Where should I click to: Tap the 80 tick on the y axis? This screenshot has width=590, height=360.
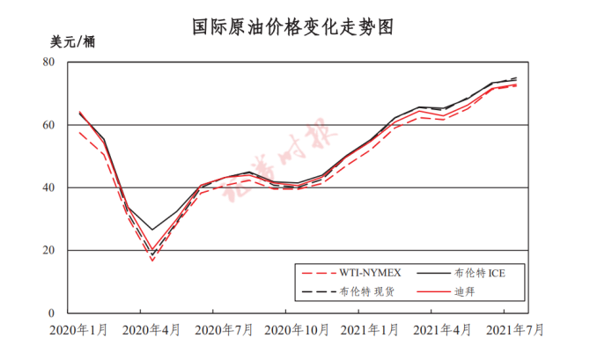tap(49, 62)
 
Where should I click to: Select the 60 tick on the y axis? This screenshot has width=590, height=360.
tap(49, 125)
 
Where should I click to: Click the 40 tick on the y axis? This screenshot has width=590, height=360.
tap(49, 187)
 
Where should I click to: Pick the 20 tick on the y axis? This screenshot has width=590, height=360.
tap(49, 250)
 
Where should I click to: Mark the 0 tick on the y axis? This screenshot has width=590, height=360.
tap(53, 312)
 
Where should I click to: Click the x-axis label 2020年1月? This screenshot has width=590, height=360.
tap(80, 330)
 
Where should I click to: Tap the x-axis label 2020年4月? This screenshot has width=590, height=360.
tap(151, 330)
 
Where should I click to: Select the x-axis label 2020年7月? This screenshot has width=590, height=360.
tap(224, 330)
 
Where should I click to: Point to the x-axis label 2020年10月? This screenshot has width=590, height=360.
tap(297, 330)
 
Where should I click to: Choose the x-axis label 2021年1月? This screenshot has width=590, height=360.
tap(370, 330)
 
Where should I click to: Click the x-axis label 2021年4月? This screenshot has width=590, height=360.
tap(442, 330)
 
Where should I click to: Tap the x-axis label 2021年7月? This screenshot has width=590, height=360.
tap(514, 330)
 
